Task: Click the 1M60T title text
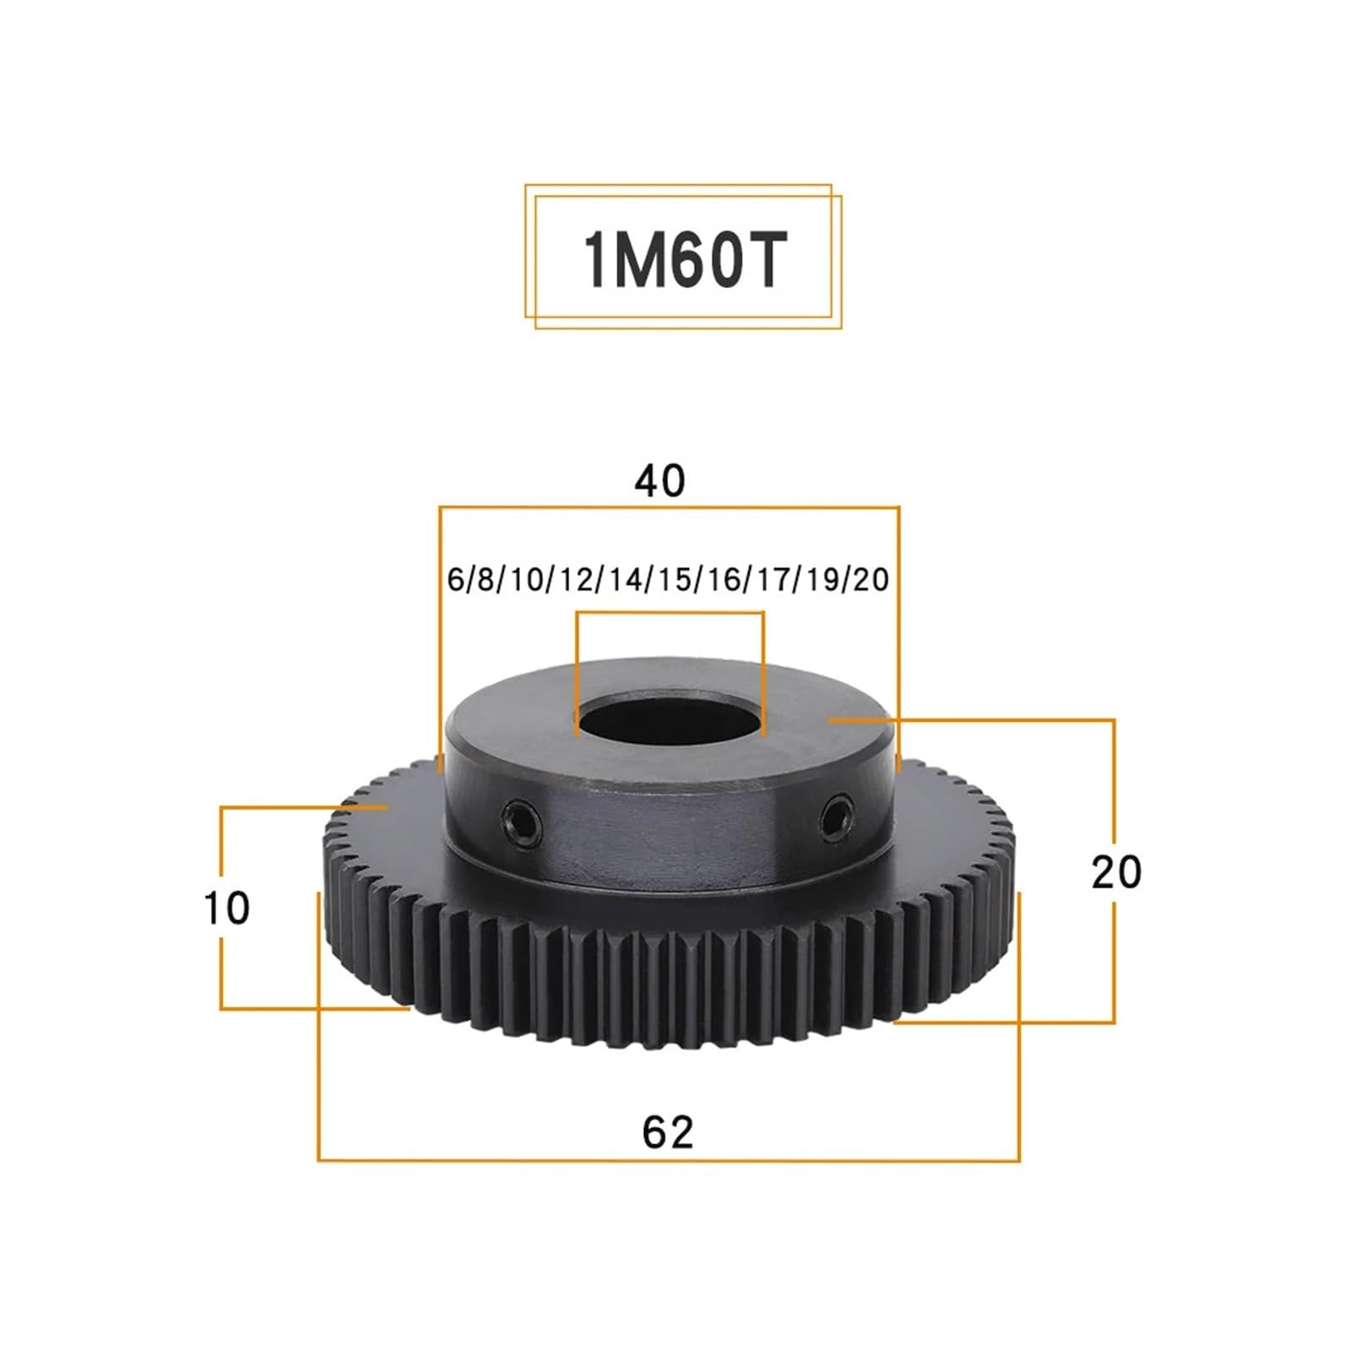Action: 684,259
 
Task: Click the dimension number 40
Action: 659,480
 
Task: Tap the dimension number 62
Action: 667,1131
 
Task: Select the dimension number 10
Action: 227,909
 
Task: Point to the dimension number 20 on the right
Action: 1115,872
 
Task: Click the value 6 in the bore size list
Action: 456,580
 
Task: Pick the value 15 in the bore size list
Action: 675,580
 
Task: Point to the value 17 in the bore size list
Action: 772,580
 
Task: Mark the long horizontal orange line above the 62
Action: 667,1160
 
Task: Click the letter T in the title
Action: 764,259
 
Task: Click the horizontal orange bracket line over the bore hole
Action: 670,614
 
